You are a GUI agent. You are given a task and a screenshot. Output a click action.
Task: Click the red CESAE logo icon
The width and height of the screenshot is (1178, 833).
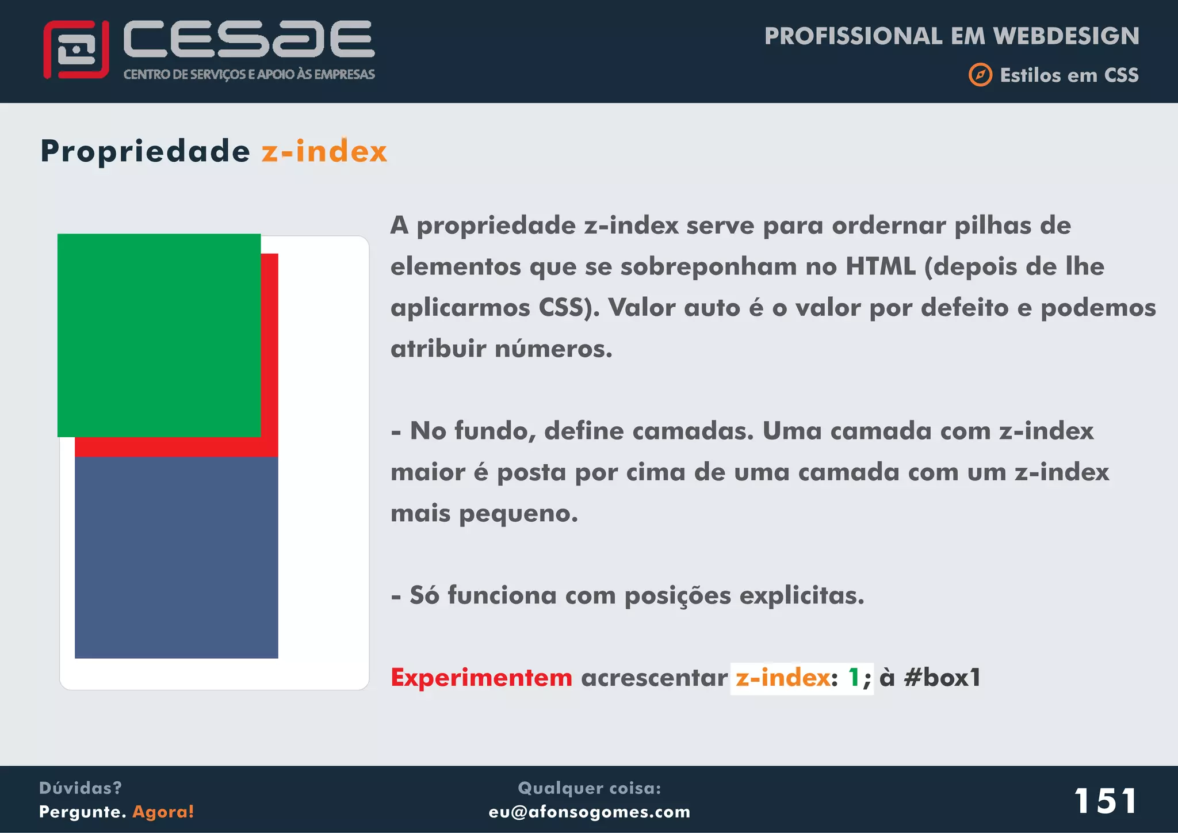point(76,49)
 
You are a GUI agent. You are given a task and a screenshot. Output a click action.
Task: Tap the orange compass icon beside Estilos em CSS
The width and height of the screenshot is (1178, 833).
point(980,75)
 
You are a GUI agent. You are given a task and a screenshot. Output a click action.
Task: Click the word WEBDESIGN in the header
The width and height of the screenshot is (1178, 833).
point(1066,36)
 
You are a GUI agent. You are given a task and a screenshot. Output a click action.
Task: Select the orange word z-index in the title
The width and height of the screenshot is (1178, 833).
point(324,152)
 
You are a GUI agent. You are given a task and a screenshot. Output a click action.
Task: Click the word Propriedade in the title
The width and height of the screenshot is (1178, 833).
point(145,152)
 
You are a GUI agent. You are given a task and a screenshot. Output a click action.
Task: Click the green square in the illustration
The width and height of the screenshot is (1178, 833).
point(159,335)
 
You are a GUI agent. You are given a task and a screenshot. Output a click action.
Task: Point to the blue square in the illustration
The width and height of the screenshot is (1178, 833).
point(176,557)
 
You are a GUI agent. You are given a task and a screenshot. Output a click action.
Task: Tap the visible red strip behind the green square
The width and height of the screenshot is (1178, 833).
point(269,351)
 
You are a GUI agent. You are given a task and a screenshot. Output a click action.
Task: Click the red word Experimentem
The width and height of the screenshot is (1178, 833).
point(481,678)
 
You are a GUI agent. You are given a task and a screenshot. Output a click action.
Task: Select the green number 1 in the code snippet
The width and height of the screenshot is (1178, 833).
point(854,678)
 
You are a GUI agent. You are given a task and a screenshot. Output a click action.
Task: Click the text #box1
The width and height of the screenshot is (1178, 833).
point(942,678)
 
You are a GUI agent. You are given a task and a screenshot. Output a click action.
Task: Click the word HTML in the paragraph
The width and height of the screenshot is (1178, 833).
point(880,266)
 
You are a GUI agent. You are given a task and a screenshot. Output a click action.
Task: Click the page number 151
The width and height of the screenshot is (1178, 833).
point(1105,801)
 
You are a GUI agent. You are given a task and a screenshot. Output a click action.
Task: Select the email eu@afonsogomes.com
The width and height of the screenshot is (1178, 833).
point(589,812)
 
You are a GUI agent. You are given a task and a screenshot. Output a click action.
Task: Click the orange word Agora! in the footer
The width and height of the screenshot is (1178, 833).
point(163,812)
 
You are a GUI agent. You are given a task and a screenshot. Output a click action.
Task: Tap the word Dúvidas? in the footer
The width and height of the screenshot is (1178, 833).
point(80,788)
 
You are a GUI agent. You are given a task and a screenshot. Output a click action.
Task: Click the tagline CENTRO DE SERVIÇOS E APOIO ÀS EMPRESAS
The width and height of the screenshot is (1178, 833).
point(248,74)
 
